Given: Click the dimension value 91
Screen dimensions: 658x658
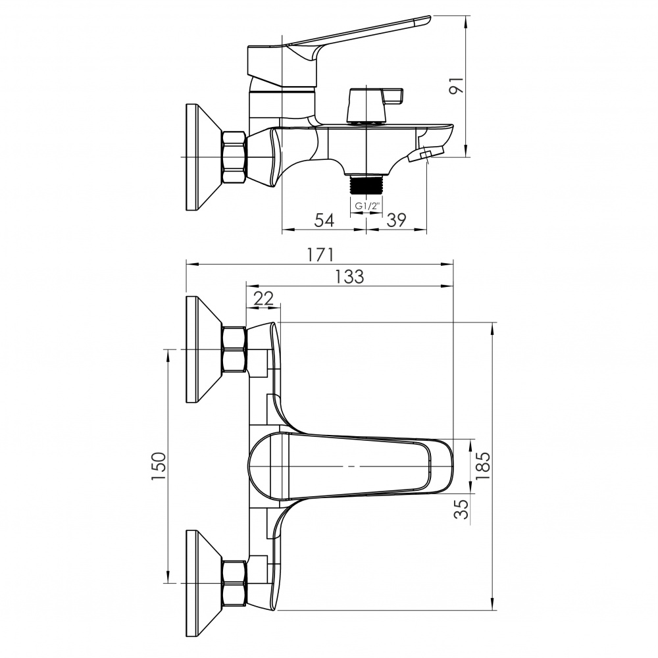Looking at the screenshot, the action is click(x=457, y=86).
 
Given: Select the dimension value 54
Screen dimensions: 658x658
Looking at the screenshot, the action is click(x=324, y=220).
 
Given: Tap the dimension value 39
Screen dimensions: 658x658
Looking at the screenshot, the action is click(x=396, y=220).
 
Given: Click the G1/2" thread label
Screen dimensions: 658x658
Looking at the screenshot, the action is click(x=367, y=207).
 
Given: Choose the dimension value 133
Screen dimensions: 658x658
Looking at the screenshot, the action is click(x=349, y=276).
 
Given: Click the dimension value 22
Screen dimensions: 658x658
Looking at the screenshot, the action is click(x=264, y=298).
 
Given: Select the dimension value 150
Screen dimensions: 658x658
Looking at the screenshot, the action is click(x=159, y=467).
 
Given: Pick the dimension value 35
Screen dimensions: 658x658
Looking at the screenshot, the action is click(x=462, y=509).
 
